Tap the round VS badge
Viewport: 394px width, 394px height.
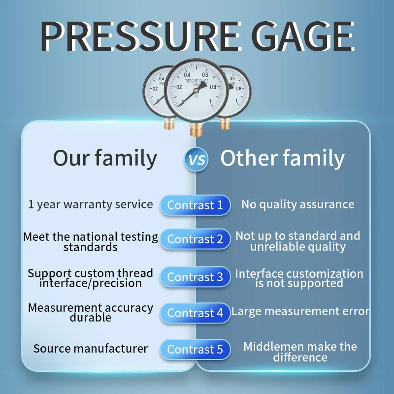196,160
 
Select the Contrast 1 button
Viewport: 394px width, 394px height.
195,205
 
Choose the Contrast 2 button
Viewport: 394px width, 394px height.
195,239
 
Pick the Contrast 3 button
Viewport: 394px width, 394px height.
195,277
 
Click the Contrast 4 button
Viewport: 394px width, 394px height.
195,313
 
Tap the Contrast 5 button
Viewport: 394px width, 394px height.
195,349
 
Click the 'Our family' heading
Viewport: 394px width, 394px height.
105,159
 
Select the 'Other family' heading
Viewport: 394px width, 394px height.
282,159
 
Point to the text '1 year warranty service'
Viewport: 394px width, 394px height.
91,204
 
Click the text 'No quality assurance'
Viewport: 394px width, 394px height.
297,204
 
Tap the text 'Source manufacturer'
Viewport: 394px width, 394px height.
91,349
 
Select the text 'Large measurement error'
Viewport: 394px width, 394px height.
300,311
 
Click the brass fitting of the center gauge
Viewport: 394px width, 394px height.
196,129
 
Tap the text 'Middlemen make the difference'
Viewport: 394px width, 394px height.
300,352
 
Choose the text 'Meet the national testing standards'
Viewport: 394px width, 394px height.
91,242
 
